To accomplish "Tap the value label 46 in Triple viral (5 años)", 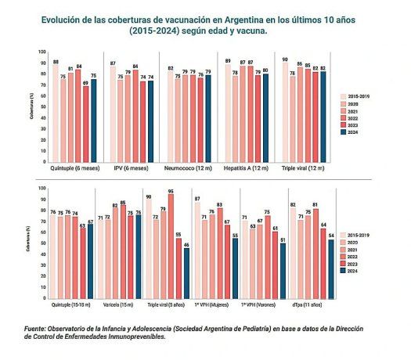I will tap(186, 245).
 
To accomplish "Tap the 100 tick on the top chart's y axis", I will tap(42, 52).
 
